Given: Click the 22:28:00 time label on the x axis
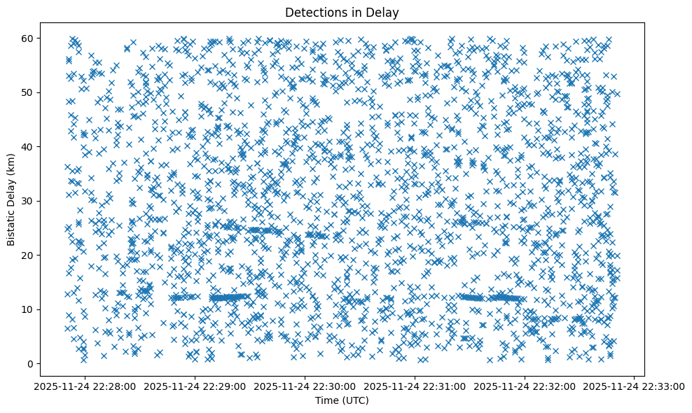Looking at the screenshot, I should pos(86,386).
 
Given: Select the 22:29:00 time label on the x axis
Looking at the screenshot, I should pos(196,386).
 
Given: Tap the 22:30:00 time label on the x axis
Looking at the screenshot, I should pos(305,386).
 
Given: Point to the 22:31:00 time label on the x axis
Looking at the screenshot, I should pos(415,386).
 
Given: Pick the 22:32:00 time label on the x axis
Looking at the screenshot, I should pos(525,386).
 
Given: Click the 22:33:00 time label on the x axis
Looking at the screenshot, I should pos(635,386).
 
